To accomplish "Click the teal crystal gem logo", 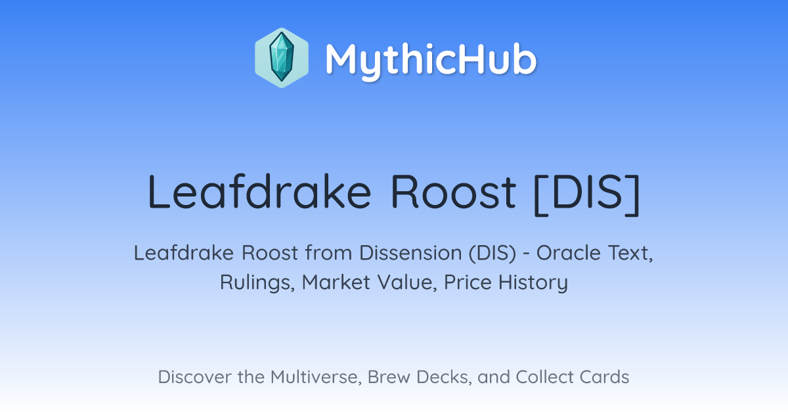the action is click(x=282, y=58).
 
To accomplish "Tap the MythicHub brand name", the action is click(x=431, y=60).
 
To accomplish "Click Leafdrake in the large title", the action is click(x=259, y=192).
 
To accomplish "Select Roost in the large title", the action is click(x=454, y=193).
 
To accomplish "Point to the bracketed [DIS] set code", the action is click(x=587, y=195).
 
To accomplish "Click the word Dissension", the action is click(x=410, y=253).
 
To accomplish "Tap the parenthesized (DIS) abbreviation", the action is click(x=492, y=253).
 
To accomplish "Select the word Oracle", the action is click(x=564, y=253).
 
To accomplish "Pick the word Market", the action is click(x=336, y=283).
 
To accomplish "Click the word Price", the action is click(x=468, y=283).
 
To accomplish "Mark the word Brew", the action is click(x=389, y=377).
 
